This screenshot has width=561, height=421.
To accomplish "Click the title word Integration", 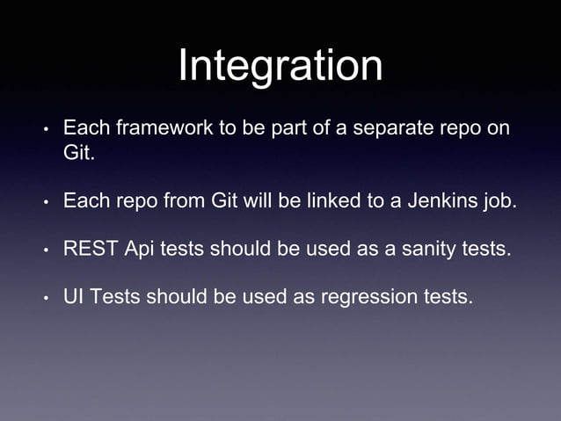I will [280, 67].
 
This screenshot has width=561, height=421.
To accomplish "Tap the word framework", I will [154, 129].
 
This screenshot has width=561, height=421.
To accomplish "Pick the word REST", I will [91, 249].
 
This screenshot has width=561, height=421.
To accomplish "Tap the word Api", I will [140, 249].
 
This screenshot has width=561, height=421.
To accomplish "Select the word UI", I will [73, 296].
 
